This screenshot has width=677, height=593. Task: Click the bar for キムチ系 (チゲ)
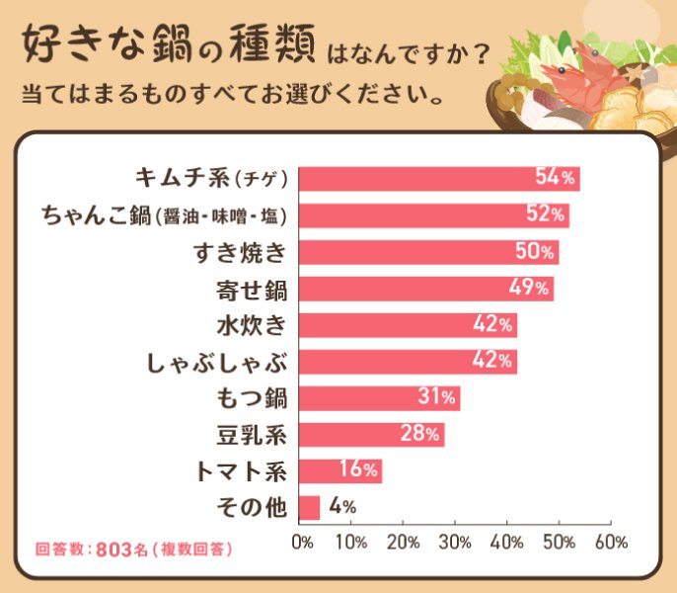tap(438, 179)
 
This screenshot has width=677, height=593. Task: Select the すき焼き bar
tap(428, 252)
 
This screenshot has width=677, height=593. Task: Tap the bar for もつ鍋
tap(379, 398)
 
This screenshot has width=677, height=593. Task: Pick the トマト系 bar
tap(339, 471)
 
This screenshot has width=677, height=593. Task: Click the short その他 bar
tap(309, 508)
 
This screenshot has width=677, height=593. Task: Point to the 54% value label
tap(555, 178)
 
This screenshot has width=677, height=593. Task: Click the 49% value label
tap(529, 288)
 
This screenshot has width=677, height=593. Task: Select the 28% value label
tap(419, 434)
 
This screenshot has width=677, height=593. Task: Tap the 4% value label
tap(341, 507)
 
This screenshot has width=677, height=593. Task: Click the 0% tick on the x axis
tap(303, 542)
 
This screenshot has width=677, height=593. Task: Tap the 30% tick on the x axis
tap(455, 542)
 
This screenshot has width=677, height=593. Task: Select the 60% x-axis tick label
tap(611, 542)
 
